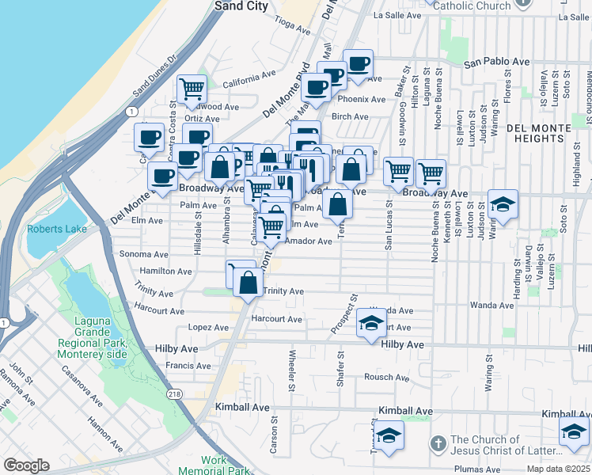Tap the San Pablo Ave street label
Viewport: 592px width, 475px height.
pos(496,62)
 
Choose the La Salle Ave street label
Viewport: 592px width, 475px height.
pos(399,15)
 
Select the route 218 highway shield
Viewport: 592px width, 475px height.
pos(173,393)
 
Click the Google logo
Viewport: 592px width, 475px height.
pos(26,465)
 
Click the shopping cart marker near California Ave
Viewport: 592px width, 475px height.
pos(192,90)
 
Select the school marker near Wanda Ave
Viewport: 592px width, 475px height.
pos(370,324)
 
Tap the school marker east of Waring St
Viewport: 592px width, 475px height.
pos(502,205)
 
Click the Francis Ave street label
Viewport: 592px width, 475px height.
pos(188,366)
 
